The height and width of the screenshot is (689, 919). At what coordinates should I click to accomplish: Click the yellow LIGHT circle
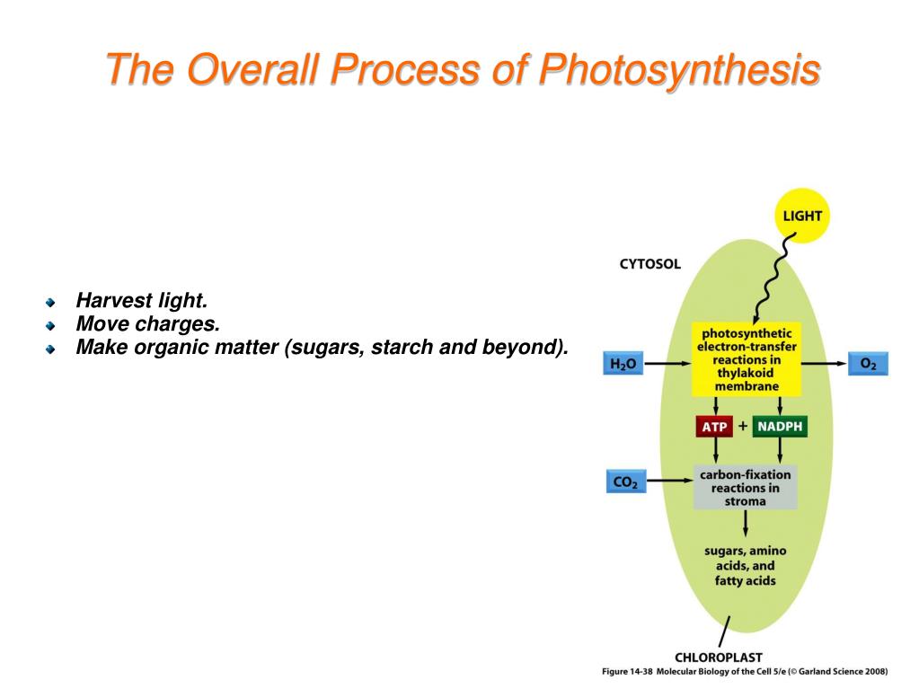pyautogui.click(x=801, y=216)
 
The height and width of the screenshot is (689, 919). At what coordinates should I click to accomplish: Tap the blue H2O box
pyautogui.click(x=623, y=364)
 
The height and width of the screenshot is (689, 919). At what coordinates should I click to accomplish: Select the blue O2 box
pyautogui.click(x=867, y=364)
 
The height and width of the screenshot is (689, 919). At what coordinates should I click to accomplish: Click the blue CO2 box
pyautogui.click(x=623, y=482)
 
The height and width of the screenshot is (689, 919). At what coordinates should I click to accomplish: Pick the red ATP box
pyautogui.click(x=715, y=427)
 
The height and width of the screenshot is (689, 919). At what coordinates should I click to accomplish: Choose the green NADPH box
pyautogui.click(x=779, y=426)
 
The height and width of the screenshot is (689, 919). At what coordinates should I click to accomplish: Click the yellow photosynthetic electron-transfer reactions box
pyautogui.click(x=747, y=360)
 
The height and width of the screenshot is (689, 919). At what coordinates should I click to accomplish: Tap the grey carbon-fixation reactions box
pyautogui.click(x=745, y=488)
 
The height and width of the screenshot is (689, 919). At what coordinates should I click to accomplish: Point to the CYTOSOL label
pyautogui.click(x=650, y=264)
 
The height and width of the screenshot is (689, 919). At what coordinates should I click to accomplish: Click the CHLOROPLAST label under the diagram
pyautogui.click(x=719, y=657)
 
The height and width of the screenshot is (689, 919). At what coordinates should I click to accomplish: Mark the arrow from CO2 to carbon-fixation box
pyautogui.click(x=669, y=482)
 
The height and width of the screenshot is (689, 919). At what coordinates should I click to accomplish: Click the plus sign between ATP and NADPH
pyautogui.click(x=743, y=426)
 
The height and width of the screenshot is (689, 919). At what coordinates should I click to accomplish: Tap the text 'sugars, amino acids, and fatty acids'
pyautogui.click(x=746, y=565)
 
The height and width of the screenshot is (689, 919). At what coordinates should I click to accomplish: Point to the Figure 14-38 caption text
pyautogui.click(x=744, y=671)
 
